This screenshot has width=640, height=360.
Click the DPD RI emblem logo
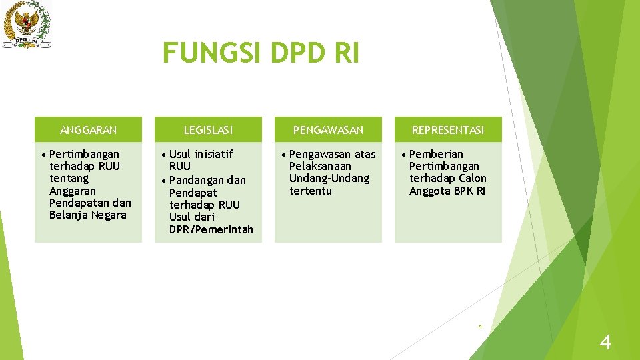(27, 24)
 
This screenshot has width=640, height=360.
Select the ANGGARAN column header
(88, 130)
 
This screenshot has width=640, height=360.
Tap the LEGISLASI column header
(208, 130)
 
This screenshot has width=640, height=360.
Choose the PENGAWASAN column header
(328, 130)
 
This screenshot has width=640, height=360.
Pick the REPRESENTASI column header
(448, 130)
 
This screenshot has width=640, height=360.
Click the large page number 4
(605, 343)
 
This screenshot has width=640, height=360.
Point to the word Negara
(109, 215)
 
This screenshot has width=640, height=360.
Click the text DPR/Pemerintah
(211, 229)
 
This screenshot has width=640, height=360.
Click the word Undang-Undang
(329, 178)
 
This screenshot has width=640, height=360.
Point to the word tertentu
(310, 191)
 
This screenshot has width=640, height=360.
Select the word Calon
(473, 178)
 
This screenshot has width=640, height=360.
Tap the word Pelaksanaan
(320, 166)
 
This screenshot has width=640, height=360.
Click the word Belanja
(69, 215)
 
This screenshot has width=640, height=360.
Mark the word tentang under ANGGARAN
(69, 178)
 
